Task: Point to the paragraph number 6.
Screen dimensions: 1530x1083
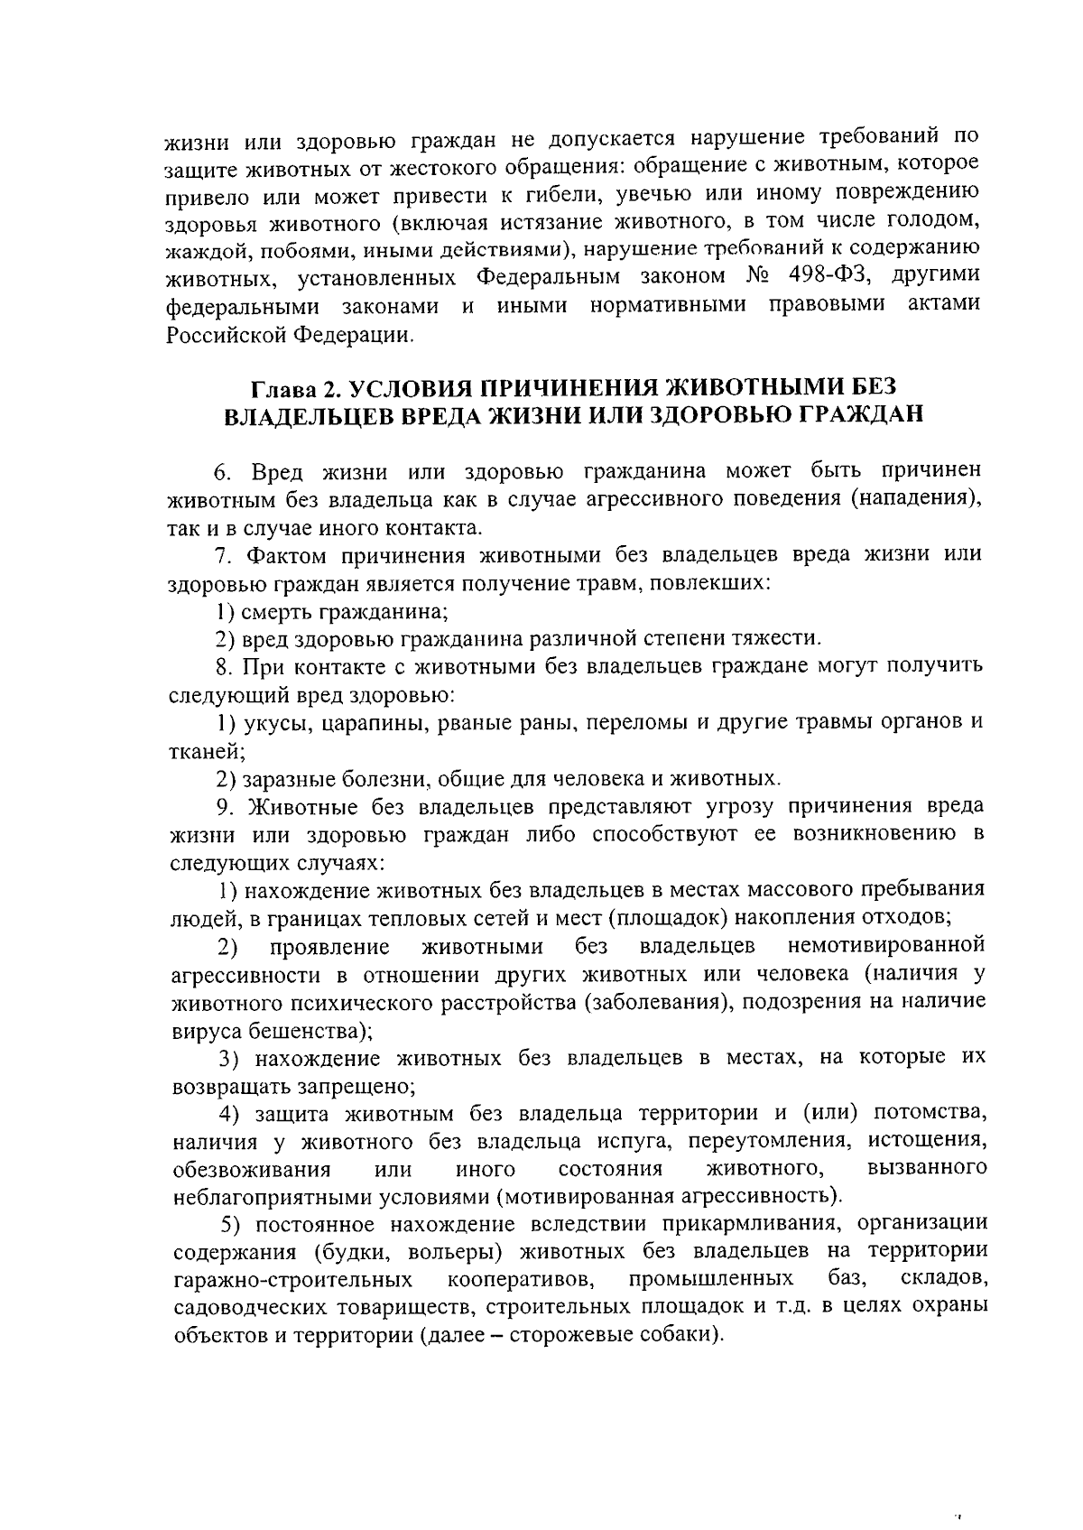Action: [x=222, y=472]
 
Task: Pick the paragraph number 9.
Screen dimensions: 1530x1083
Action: [x=222, y=805]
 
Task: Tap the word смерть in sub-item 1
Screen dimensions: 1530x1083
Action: [x=278, y=611]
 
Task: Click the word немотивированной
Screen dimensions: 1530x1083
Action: [x=885, y=946]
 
